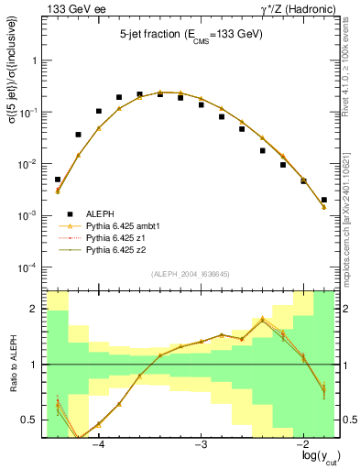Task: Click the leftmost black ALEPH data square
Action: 58,180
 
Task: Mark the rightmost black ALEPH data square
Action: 324,199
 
